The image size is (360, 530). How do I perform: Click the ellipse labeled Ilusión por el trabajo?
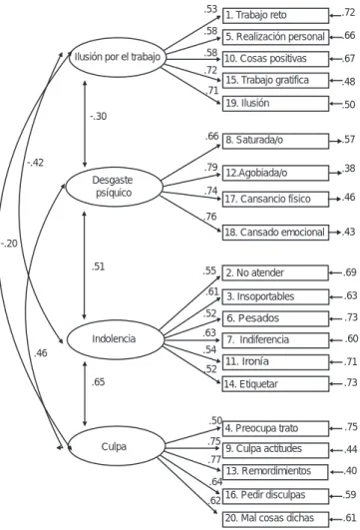point(117,57)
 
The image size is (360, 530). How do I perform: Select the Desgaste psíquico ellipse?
point(114,187)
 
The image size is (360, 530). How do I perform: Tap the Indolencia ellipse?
point(115,339)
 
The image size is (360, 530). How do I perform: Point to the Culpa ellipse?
point(117,446)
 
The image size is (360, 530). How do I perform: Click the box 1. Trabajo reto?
point(275,16)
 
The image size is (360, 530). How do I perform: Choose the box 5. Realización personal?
point(275,37)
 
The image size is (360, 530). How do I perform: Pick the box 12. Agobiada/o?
point(275,173)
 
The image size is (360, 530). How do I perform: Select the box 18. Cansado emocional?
point(275,233)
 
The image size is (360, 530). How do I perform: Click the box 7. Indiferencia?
point(275,340)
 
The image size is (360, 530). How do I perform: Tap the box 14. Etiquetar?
point(275,384)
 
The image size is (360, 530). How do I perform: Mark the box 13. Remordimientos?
point(275,472)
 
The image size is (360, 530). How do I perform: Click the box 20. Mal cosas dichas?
point(275,519)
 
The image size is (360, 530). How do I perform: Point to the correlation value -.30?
point(99,116)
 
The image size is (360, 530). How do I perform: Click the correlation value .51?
point(99,266)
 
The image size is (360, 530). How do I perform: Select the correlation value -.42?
point(36,163)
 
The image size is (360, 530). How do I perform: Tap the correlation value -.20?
point(9,244)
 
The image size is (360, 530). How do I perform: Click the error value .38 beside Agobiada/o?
point(348,169)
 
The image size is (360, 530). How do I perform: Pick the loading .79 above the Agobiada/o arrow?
point(210,168)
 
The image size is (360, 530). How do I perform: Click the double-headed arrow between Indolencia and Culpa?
point(85,394)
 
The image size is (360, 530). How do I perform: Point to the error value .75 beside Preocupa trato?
point(351,427)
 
